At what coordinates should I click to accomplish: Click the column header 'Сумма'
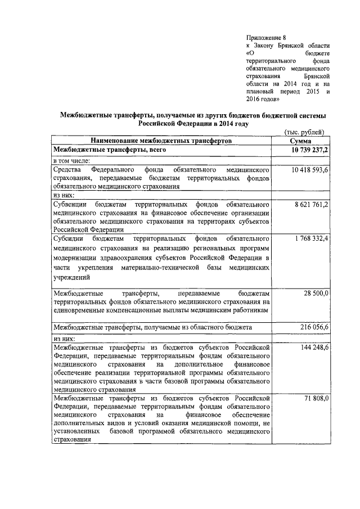(x=304, y=141)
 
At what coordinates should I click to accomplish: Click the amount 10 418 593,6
(x=310, y=169)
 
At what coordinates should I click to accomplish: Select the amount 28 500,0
(x=316, y=293)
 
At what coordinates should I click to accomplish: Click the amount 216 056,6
(x=314, y=327)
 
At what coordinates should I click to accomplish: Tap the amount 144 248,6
(x=314, y=348)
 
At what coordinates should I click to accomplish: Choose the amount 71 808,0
(x=316, y=399)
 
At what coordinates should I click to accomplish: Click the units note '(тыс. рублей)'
(x=303, y=132)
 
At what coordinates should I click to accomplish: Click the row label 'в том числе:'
(x=75, y=160)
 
